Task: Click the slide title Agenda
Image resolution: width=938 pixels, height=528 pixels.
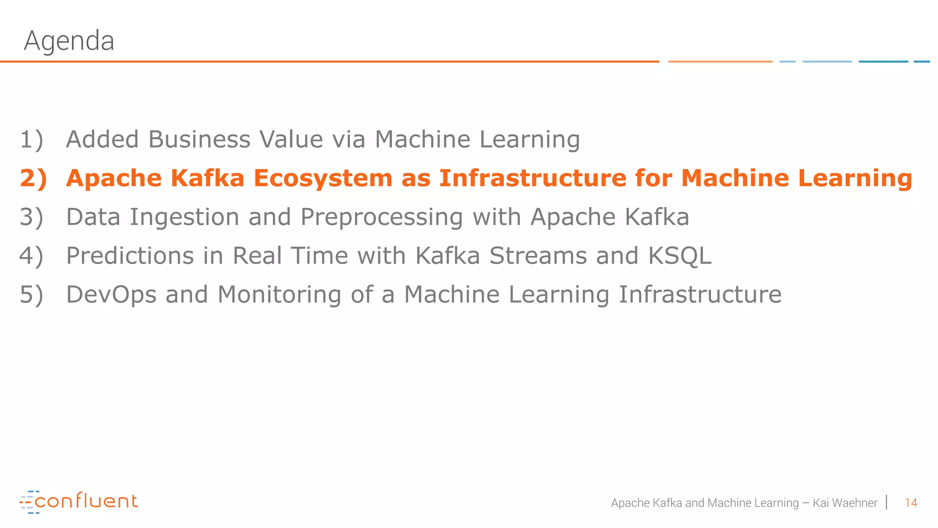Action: coord(69,41)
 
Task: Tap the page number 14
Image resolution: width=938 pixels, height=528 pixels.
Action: coord(911,503)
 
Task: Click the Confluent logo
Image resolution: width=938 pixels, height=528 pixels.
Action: coord(79,501)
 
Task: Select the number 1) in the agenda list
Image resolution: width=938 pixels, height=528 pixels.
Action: coord(32,139)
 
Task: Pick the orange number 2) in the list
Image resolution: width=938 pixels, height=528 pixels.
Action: coord(33,178)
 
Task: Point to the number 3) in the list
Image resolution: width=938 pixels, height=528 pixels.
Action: coord(32,217)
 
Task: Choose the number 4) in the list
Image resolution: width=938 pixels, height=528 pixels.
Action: coord(32,256)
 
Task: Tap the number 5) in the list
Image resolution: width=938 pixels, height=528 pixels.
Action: coord(32,294)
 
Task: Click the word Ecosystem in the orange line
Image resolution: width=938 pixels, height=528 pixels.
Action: coord(323,178)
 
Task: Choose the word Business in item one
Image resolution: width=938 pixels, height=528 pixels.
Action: coord(199,139)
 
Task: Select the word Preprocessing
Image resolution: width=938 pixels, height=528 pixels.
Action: coord(382,218)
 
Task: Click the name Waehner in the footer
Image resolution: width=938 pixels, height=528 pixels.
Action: coord(855,503)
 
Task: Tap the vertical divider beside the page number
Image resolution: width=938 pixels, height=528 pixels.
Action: coord(887,502)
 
